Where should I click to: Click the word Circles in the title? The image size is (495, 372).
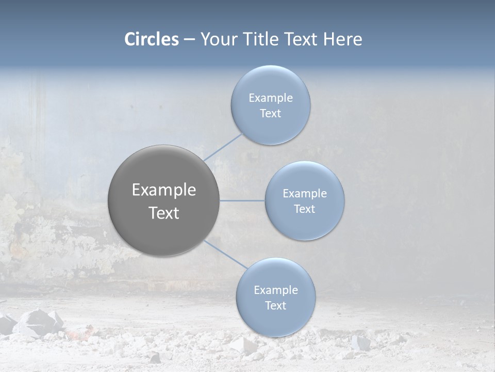[x=152, y=39]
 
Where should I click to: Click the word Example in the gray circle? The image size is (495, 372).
[x=164, y=190]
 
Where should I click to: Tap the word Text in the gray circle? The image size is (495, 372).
[x=164, y=213]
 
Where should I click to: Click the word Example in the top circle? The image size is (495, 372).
[x=271, y=98]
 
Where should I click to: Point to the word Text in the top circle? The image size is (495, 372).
[x=270, y=114]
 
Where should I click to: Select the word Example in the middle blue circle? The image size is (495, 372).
[x=305, y=194]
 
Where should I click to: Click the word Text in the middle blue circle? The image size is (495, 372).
[x=304, y=209]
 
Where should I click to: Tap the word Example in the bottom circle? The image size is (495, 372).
[x=276, y=290]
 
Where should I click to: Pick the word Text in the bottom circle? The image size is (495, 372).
[x=275, y=306]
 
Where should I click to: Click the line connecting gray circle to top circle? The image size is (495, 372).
[x=223, y=147]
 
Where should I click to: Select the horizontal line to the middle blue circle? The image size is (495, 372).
[x=242, y=200]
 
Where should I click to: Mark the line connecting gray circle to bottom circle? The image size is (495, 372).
[x=226, y=254]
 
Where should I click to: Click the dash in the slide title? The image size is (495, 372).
[x=189, y=39]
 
